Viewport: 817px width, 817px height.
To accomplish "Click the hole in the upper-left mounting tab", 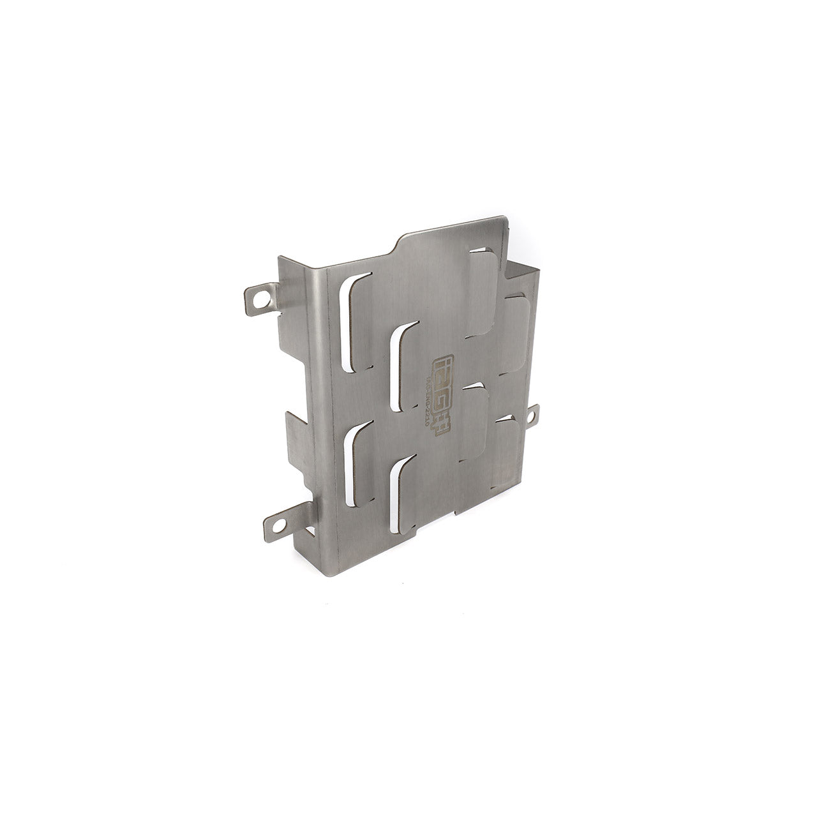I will coord(259,297).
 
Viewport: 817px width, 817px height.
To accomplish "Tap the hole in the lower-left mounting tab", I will coord(278,522).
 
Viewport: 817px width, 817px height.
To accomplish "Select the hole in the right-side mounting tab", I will coord(530,416).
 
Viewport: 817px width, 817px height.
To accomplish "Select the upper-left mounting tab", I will coord(262,299).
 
